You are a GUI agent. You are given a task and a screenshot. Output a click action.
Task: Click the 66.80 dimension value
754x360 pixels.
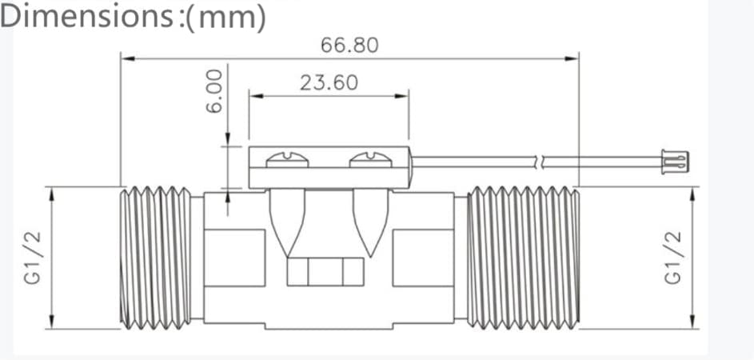point(349,46)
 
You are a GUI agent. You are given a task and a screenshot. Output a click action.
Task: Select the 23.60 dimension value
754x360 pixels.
point(329,82)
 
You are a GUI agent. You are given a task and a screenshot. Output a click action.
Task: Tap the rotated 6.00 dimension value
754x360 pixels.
point(215,91)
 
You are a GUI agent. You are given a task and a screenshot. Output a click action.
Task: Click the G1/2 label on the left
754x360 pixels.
point(34,258)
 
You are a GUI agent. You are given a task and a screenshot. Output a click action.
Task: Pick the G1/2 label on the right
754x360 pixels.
point(673,258)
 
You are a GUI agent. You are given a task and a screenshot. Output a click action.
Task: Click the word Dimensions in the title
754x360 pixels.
point(87,16)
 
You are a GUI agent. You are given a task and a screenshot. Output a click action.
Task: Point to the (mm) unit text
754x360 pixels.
point(225,18)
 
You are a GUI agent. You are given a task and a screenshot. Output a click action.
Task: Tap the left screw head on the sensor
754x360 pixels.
point(287,160)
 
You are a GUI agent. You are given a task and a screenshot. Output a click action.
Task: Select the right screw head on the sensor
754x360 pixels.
point(370,160)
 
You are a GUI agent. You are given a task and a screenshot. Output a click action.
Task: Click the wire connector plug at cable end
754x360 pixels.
point(675,162)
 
